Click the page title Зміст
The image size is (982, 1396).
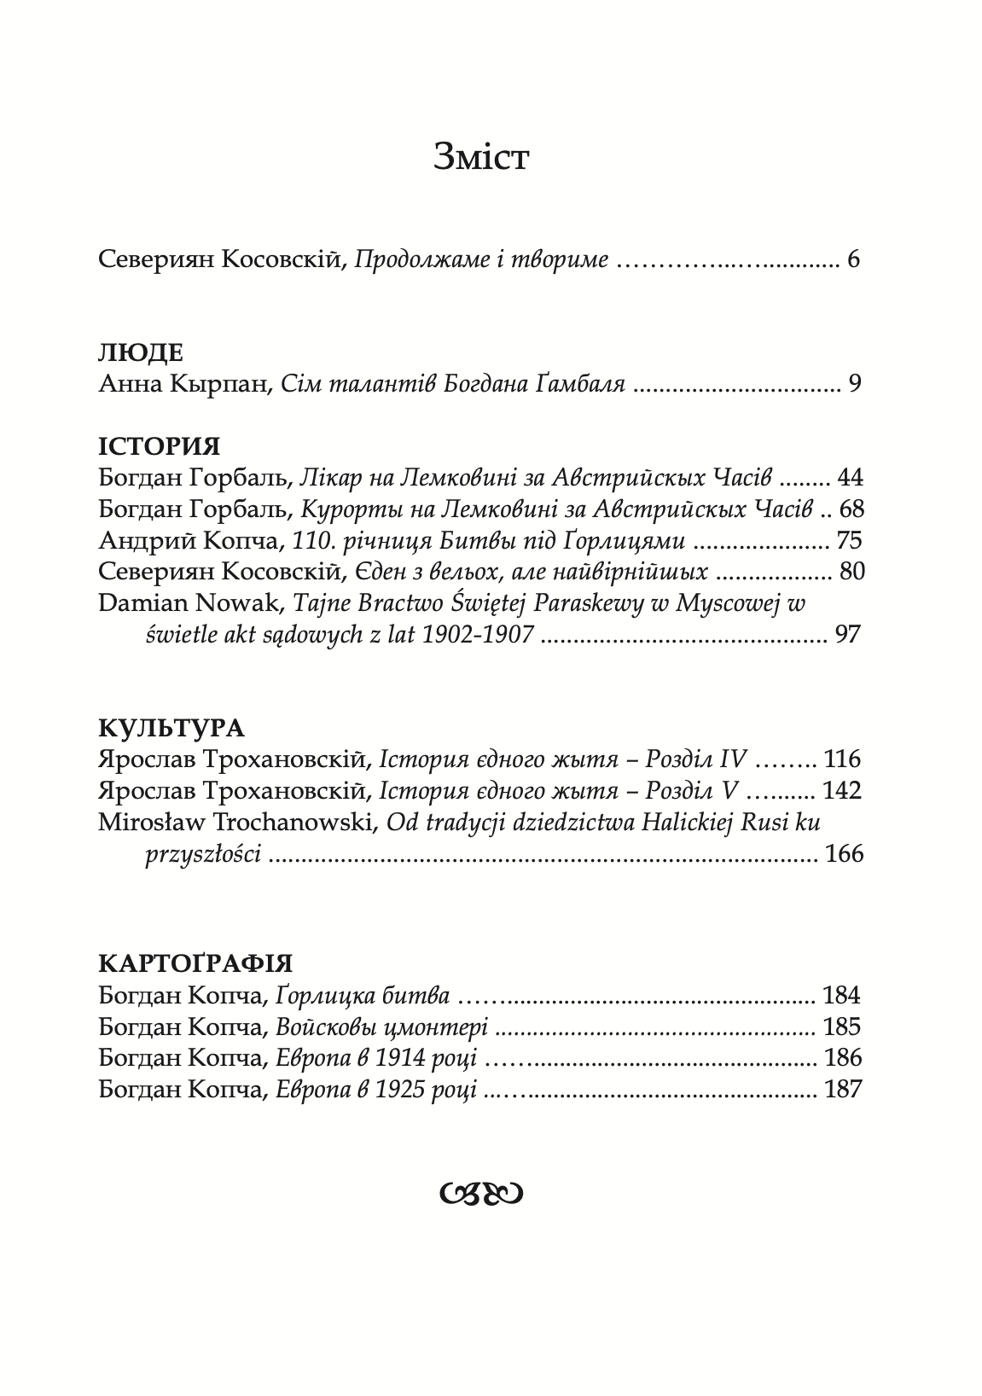(481, 157)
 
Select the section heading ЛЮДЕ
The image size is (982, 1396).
(141, 353)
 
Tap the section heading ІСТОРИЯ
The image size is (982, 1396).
(160, 446)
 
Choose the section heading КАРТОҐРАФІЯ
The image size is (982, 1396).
(195, 963)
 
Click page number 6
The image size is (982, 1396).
(854, 259)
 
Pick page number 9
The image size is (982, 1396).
(855, 384)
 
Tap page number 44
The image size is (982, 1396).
(851, 478)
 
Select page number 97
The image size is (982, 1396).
(849, 634)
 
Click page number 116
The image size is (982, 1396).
(843, 759)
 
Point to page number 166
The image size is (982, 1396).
(845, 853)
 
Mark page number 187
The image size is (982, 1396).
(843, 1089)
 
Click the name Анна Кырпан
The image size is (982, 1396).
(184, 385)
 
